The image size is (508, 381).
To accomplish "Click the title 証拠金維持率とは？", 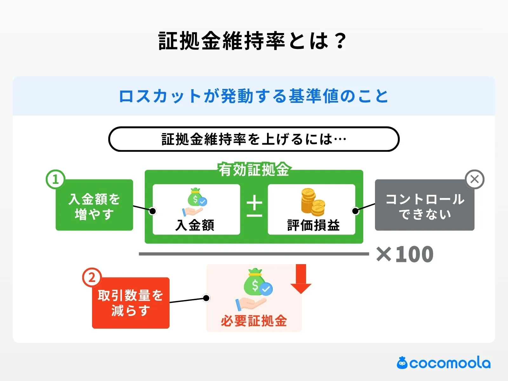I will tap(252, 41).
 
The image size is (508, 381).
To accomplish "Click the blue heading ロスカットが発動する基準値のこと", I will tap(253, 96).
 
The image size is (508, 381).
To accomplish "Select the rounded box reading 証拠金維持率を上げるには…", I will tap(254, 139).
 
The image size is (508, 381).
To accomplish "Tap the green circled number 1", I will tap(56, 179).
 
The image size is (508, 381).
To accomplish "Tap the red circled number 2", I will tap(92, 277).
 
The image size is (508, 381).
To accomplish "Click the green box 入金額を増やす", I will tap(94, 206).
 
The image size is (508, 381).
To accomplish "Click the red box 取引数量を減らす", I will tap(130, 303).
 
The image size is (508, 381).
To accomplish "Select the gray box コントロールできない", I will tap(424, 206).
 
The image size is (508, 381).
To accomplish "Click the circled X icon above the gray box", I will tap(474, 179).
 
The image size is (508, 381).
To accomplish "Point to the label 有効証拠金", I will tap(254, 170).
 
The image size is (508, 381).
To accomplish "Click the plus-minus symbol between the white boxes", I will tap(254, 206).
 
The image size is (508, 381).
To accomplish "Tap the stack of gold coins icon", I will tap(312, 202).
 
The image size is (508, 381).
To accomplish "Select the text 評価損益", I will tap(313, 225).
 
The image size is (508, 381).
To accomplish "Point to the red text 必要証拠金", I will tap(254, 321).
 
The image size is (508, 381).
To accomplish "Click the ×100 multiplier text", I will tap(405, 254).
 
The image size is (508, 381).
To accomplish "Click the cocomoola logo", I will tap(444, 363).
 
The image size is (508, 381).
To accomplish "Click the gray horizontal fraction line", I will tap(254, 254).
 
